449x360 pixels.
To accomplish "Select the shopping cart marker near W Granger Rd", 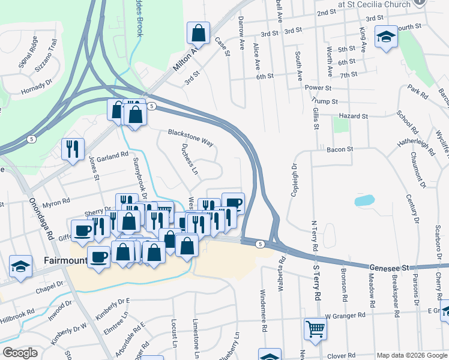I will click(x=315, y=328).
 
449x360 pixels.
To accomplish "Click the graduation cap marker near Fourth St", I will click(x=386, y=36).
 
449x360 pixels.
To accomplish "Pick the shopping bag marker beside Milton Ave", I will click(x=198, y=33).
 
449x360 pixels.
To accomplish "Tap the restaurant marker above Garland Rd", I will click(x=73, y=149).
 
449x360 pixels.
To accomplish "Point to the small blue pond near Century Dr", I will click(x=364, y=200).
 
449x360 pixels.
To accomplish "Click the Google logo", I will click(x=20, y=353).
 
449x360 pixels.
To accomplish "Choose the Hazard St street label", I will click(x=352, y=116).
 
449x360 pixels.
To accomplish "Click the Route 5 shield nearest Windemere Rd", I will click(x=259, y=244).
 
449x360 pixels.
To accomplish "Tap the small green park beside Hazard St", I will click(x=341, y=125).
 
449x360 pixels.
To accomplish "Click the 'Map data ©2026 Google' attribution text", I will click(x=411, y=355).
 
